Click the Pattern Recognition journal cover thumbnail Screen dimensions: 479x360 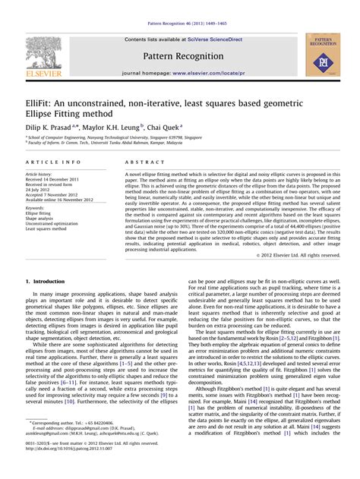323,55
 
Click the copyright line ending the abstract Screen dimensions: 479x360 298,255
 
